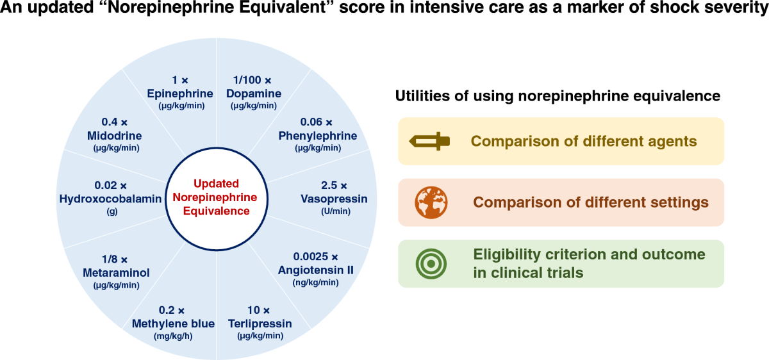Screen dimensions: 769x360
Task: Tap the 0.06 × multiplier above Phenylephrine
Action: (317, 122)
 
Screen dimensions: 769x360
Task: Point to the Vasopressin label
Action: (334, 199)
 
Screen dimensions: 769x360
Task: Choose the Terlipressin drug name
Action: (260, 323)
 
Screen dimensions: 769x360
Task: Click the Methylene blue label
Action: (173, 323)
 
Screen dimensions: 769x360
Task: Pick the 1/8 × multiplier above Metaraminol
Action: (115, 259)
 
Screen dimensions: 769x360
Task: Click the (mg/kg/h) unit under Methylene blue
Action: (173, 336)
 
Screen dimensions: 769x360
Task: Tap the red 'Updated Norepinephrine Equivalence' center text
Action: (216, 197)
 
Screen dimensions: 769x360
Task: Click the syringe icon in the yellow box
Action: (430, 141)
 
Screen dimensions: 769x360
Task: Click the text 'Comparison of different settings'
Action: (591, 202)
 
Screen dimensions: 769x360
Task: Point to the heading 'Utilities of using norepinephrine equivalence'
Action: (558, 96)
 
